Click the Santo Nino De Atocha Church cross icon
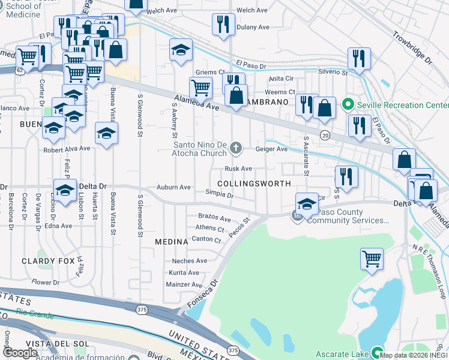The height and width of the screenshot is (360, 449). click(x=237, y=148)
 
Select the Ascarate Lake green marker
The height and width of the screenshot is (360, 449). click(x=378, y=353)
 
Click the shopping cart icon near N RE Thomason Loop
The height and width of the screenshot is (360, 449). click(x=372, y=259)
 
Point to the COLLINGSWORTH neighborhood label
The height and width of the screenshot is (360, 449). click(x=254, y=184)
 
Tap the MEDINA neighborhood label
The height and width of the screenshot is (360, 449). click(x=172, y=241)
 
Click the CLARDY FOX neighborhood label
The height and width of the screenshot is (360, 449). click(x=49, y=261)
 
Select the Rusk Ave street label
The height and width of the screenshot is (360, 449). click(x=238, y=169)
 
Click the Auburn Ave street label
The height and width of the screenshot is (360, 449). click(x=173, y=187)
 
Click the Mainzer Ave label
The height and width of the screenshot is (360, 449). click(x=184, y=284)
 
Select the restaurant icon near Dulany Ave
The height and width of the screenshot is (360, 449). click(x=223, y=24)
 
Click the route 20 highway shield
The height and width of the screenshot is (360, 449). click(x=325, y=134)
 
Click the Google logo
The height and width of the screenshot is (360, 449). click(x=20, y=353)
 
